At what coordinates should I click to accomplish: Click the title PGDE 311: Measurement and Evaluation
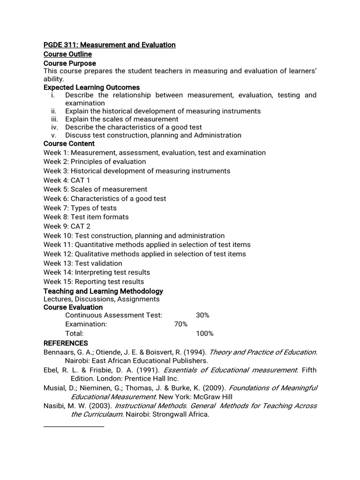[109, 45]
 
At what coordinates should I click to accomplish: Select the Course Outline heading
[67, 54]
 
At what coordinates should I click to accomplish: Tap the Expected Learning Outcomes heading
[91, 87]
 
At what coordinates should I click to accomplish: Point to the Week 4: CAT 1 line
[67, 180]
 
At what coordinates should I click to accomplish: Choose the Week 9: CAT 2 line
[67, 226]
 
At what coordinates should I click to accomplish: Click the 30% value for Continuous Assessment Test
[202, 315]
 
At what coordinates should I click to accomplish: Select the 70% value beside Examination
[181, 324]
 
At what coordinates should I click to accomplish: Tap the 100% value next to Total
[204, 333]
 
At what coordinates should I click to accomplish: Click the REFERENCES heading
[66, 343]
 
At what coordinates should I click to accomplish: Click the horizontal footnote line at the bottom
[74, 427]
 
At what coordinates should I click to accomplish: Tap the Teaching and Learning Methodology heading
[103, 291]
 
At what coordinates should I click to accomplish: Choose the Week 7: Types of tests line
[80, 208]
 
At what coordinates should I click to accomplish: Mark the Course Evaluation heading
[73, 307]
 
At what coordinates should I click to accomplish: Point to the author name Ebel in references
[51, 370]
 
